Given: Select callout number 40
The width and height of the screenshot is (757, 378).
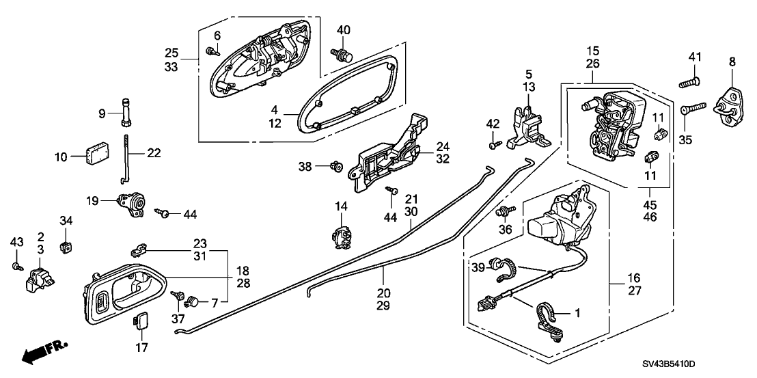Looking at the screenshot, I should (343, 30).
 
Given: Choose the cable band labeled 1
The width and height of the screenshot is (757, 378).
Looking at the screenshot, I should (549, 316).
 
